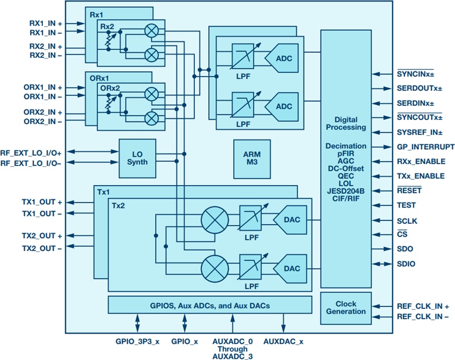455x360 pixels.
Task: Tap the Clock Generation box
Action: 345,308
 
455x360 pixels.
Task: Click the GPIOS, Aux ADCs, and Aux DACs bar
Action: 210,305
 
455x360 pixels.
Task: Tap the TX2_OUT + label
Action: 42,236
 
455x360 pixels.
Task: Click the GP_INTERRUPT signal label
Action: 426,147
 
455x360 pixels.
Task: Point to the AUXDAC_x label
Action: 284,340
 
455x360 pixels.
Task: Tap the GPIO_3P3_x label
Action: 138,340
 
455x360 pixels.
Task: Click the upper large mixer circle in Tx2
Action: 214,219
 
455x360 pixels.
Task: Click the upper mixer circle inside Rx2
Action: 152,32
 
